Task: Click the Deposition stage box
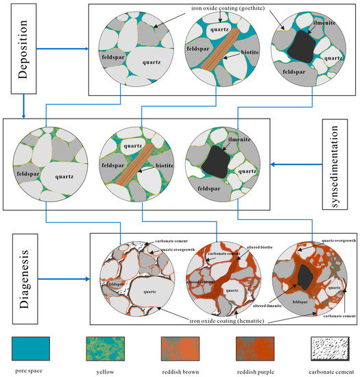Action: tap(24, 49)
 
